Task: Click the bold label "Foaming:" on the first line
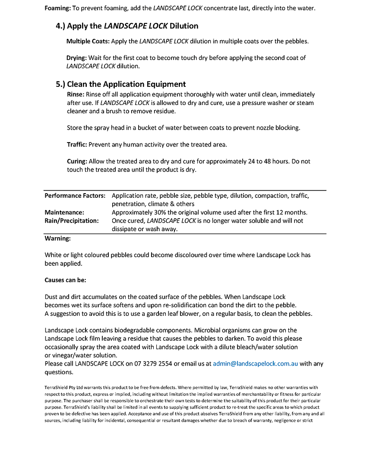[x=57, y=8]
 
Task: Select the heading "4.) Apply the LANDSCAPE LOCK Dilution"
[x=127, y=26]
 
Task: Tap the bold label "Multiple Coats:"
[x=88, y=41]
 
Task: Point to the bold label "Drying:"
[x=76, y=58]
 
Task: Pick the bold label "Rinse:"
[x=76, y=94]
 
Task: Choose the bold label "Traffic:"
[x=77, y=144]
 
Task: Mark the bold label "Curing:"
[x=77, y=161]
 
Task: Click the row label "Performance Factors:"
[x=75, y=196]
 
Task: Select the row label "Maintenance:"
[x=64, y=212]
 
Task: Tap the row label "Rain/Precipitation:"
[x=72, y=220]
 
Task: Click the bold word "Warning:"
[x=58, y=238]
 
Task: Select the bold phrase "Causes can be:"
[x=66, y=280]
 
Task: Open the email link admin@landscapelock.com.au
[x=256, y=364]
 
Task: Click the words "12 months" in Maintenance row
[x=291, y=212]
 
